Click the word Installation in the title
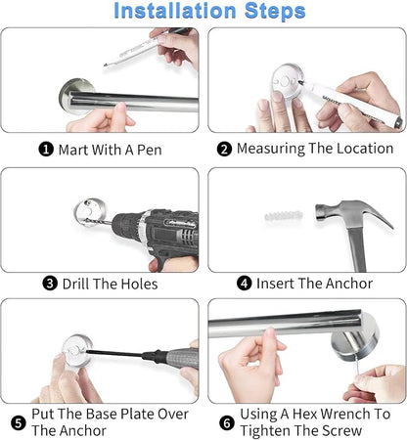click(174, 11)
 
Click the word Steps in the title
click(275, 12)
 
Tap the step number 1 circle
click(46, 150)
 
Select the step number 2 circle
click(224, 149)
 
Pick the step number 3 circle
click(50, 284)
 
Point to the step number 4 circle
click(245, 283)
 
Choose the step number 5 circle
click(19, 422)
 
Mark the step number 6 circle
click(227, 423)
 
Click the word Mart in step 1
click(73, 150)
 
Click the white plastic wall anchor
click(284, 215)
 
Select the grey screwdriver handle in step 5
click(182, 358)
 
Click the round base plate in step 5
click(77, 350)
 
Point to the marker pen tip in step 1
click(106, 65)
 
